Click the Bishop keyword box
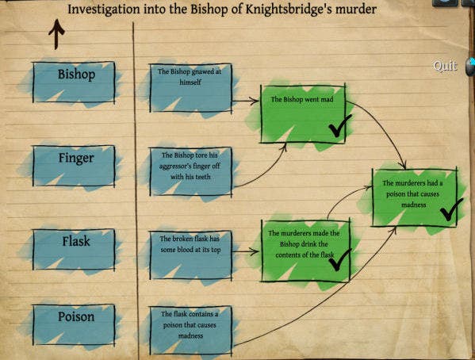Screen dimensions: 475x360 pos(74,82)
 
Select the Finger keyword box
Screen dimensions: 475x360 pos(74,166)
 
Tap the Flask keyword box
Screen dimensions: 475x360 pos(74,250)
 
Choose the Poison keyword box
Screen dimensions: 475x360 pos(74,324)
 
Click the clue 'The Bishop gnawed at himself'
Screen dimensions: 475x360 pos(191,88)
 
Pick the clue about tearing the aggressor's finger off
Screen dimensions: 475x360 pos(191,171)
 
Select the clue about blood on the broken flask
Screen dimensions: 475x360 pos(191,255)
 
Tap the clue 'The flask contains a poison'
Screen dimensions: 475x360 pos(191,331)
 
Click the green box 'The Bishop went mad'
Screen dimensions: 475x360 pos(303,114)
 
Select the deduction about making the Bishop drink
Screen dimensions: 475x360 pos(305,251)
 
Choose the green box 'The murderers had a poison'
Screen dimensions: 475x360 pos(415,198)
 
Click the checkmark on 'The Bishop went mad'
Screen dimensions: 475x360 pos(340,125)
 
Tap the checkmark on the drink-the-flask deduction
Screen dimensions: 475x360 pos(340,259)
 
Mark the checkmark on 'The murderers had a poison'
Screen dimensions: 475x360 pos(452,209)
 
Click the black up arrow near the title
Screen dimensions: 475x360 pos(56,34)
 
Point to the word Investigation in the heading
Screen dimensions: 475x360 pos(104,10)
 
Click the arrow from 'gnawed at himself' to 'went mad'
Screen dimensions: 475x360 pos(245,101)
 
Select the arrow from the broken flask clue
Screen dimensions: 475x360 pos(246,251)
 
